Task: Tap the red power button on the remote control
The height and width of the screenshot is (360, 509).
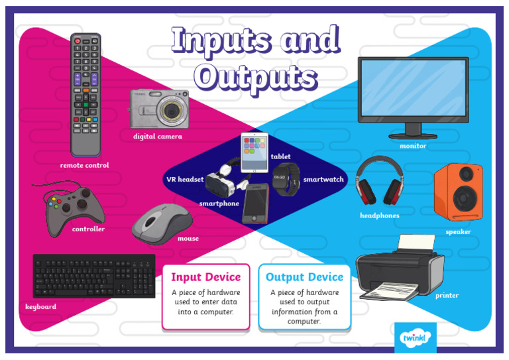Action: click(78, 41)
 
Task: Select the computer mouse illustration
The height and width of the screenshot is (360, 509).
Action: click(162, 223)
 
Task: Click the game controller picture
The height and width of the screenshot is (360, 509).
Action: click(74, 208)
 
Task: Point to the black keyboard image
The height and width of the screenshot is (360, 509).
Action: click(93, 276)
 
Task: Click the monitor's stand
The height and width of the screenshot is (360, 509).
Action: click(412, 131)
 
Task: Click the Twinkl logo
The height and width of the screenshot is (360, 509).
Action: click(416, 338)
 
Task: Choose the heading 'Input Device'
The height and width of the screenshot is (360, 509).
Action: click(205, 277)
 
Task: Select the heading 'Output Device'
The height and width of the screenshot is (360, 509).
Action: click(304, 277)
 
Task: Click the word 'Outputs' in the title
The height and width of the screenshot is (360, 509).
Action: click(256, 77)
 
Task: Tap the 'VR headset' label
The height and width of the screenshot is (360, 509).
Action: click(185, 180)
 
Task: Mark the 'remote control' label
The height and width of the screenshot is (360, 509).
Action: click(84, 166)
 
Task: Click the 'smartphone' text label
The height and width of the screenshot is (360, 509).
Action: click(219, 204)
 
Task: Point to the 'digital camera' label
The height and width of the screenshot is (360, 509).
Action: click(157, 137)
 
